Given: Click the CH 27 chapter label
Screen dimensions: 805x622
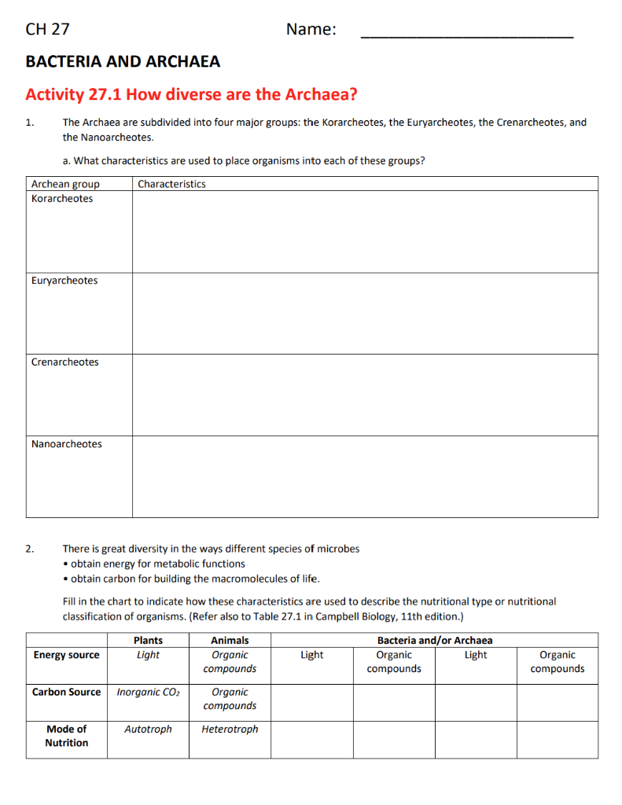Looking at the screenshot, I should [x=47, y=30].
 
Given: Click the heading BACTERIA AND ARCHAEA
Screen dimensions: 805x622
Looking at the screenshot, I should [x=123, y=61].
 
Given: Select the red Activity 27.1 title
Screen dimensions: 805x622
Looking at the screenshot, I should [x=191, y=95].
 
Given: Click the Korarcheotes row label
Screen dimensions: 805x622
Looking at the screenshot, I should [x=61, y=199].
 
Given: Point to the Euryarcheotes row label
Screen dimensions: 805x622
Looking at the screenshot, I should [x=64, y=281].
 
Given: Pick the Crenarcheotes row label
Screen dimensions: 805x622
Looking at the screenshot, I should [x=64, y=362].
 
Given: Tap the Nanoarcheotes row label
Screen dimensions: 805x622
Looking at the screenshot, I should [x=66, y=444].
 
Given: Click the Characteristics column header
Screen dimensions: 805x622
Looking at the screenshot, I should [x=171, y=184].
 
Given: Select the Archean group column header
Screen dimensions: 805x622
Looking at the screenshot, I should [x=65, y=184].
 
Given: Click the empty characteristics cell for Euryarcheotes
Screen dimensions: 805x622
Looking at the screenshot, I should [x=365, y=313].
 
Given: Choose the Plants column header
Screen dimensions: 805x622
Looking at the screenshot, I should [x=148, y=641].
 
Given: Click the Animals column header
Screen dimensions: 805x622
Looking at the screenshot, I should [x=230, y=641].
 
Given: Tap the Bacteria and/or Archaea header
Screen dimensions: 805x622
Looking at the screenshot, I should [x=435, y=641].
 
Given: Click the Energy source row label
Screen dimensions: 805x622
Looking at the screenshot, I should [x=66, y=655].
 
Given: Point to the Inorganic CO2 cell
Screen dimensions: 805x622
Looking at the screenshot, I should [x=148, y=693].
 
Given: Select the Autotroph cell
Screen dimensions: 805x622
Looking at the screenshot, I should [x=148, y=730].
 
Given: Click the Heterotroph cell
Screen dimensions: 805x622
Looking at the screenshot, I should [x=230, y=730].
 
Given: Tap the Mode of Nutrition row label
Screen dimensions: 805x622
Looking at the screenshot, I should [x=66, y=736].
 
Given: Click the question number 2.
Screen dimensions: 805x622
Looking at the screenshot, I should [x=29, y=549].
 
